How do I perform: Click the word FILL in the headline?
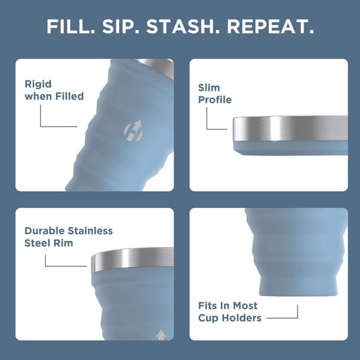pos(69,27)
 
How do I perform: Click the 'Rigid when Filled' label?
pos(54,90)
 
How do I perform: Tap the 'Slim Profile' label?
pos(215,94)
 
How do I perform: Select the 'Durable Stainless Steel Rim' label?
pos(68,237)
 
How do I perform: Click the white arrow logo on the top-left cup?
pos(133,130)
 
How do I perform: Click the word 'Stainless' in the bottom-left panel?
pos(90,231)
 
